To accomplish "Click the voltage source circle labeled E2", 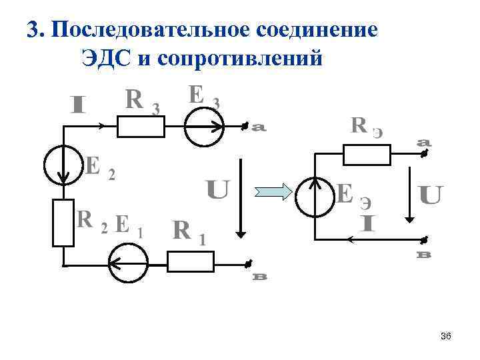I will [63, 164].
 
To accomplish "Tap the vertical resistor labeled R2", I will [63, 222].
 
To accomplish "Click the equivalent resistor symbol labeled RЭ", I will [366, 155].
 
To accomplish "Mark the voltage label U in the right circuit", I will [430, 195].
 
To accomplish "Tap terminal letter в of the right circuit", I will [423, 255].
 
